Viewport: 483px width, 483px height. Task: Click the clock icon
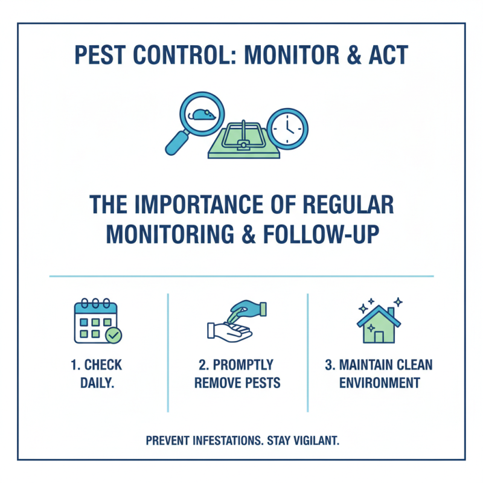coord(287,127)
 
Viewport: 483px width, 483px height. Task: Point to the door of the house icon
coord(379,336)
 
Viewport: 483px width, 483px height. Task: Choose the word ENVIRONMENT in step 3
coord(379,383)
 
